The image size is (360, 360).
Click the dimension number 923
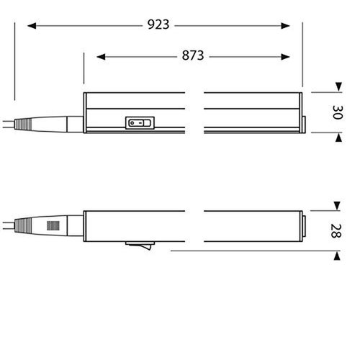coord(158,25)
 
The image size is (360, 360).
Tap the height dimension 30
coord(338,112)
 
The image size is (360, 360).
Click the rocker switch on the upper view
coord(140,122)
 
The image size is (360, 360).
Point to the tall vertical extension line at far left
coord(14,61)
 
